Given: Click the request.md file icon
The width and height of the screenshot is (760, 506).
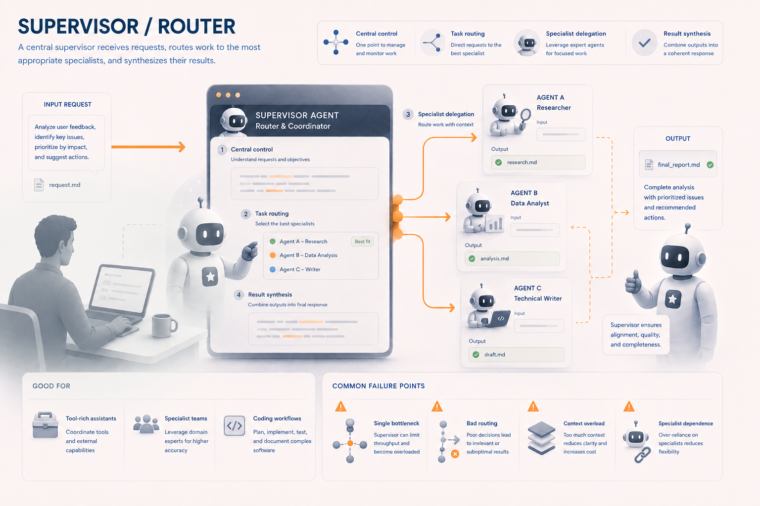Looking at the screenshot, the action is point(39,185).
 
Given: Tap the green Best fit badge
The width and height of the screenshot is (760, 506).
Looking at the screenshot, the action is point(362,241).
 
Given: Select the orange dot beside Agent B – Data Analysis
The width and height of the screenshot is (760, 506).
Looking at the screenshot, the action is point(273,255).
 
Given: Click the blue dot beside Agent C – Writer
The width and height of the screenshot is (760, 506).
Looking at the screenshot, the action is point(273,269).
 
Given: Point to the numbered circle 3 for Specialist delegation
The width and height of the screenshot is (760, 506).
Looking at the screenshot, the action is point(408,114).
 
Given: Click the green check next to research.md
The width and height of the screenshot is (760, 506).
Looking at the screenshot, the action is point(498,163).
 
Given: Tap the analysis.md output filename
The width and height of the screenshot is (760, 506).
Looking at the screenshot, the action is point(494,258).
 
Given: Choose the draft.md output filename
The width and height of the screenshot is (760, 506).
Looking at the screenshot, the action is point(494,354).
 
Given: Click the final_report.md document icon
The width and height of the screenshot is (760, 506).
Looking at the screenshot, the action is point(649,165).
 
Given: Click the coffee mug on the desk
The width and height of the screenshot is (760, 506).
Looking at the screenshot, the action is point(164,325).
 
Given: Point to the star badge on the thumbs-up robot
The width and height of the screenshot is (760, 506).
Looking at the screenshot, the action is point(672,299).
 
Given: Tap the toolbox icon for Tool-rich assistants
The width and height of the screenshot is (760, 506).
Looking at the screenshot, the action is point(45,425).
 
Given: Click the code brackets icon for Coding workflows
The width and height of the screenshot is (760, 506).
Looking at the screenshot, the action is point(235,425).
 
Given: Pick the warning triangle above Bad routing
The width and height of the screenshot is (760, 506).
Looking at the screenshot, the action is point(437,406).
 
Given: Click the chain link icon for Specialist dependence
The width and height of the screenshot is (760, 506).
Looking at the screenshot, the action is point(642,455).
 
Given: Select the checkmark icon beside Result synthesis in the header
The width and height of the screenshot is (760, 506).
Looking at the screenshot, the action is point(644,42).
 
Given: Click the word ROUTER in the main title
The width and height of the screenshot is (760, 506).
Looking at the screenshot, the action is point(196,26).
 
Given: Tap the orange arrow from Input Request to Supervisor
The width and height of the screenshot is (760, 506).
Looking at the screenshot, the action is point(148,147).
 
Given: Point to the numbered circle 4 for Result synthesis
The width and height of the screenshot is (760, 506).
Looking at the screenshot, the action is point(239,295).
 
